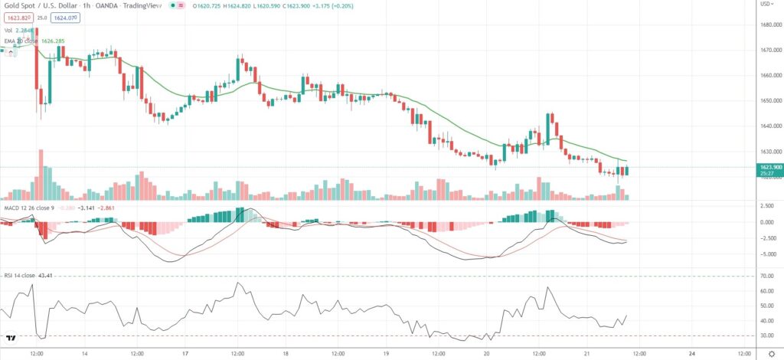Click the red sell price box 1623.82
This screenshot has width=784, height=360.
click(x=16, y=18)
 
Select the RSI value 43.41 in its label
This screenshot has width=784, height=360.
click(x=54, y=275)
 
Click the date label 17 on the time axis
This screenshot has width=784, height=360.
click(x=185, y=353)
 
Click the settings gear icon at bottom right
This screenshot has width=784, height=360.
click(x=769, y=353)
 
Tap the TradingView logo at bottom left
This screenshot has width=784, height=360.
click(x=11, y=336)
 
